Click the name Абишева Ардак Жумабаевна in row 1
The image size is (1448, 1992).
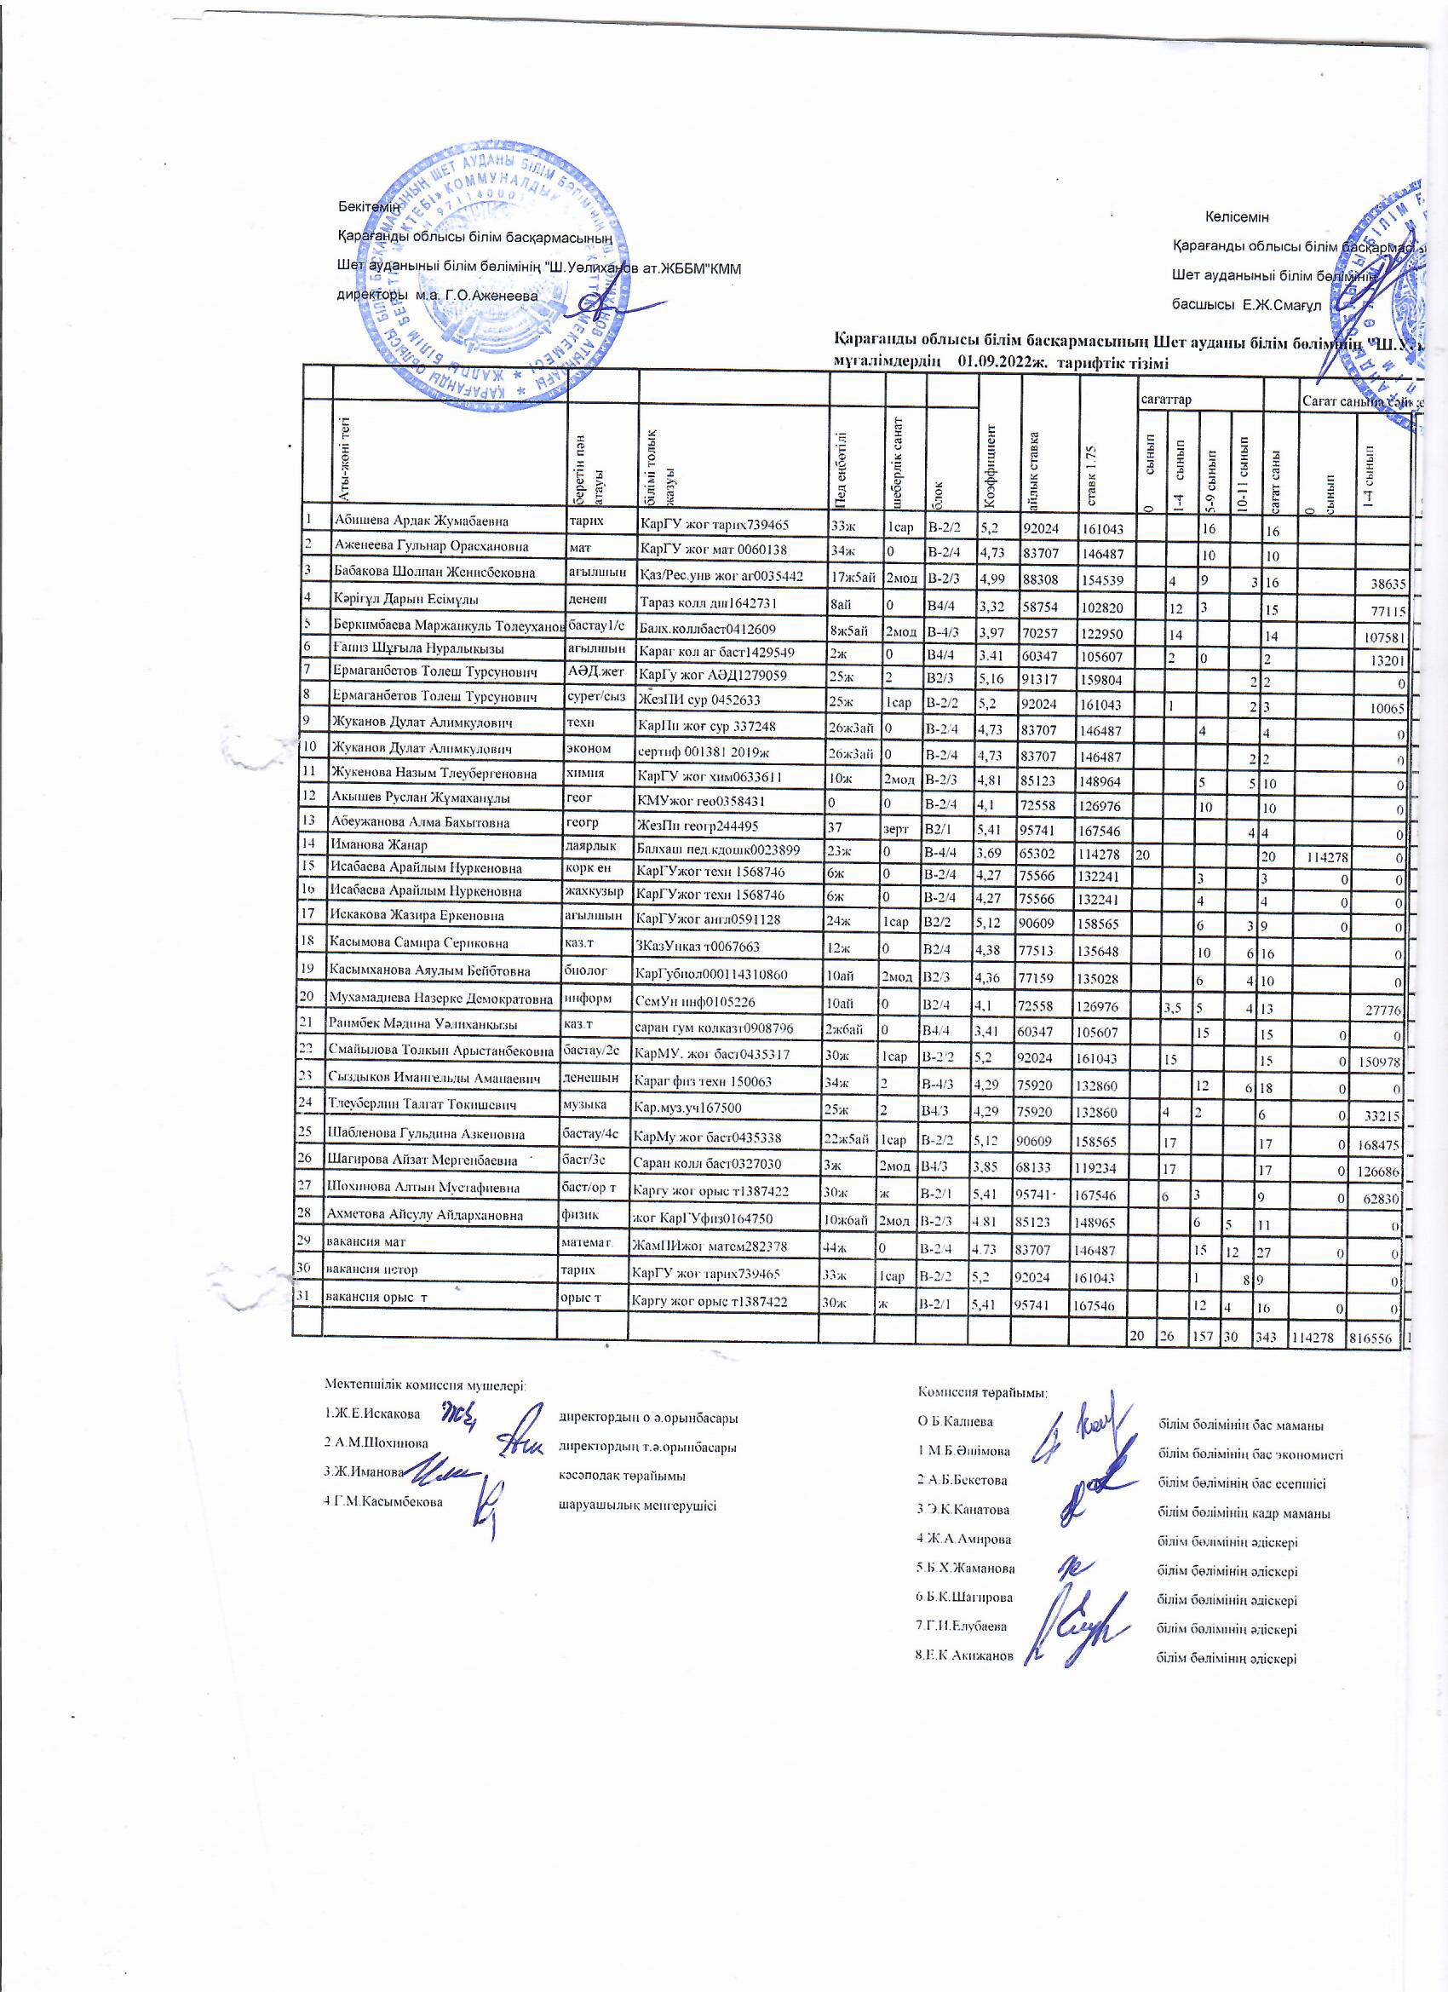421,520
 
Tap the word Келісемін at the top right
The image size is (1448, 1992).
1237,217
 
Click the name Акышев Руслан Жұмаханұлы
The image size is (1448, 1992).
420,797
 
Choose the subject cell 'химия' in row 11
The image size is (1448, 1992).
586,773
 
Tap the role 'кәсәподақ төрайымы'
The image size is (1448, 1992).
622,1476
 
